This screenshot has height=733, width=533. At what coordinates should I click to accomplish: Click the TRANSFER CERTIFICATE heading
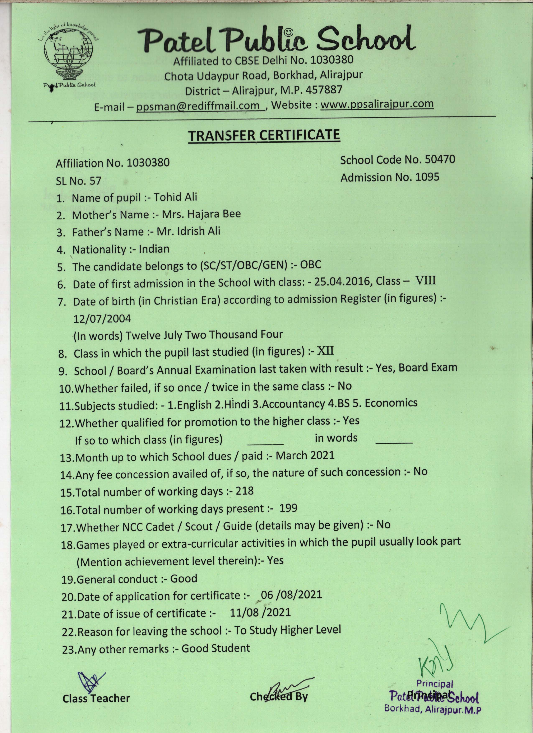click(264, 135)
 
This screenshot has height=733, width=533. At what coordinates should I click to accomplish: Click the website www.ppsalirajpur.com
click(377, 104)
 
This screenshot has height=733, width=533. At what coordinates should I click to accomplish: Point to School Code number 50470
click(440, 159)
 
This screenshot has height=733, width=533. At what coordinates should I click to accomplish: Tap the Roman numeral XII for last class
click(325, 351)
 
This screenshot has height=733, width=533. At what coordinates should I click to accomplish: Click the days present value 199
click(288, 508)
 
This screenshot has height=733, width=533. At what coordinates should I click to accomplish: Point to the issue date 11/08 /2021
click(260, 612)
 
